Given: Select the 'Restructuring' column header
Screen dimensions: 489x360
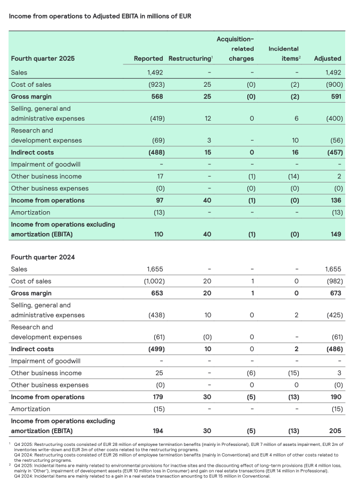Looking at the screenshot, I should tap(189, 58).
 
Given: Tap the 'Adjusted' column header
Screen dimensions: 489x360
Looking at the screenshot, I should tap(328, 58).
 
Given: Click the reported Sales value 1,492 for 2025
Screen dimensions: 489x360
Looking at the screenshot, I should tap(157, 72).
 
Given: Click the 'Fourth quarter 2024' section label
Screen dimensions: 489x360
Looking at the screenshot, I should tap(43, 257).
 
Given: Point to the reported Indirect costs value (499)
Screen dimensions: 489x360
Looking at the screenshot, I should tap(155, 349).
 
